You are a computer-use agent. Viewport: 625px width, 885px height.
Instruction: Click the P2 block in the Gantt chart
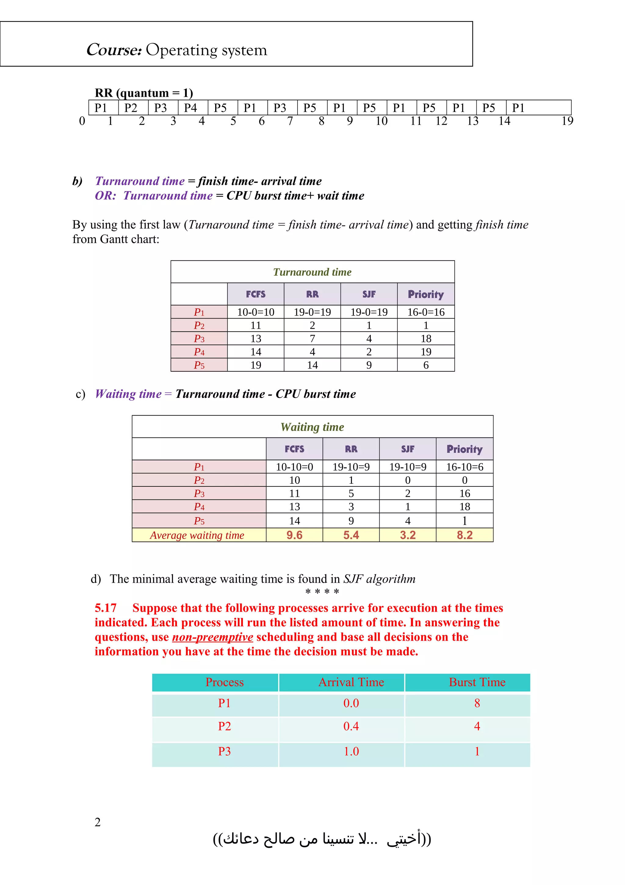click(x=131, y=108)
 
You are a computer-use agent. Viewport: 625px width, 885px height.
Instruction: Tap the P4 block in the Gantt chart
click(x=191, y=108)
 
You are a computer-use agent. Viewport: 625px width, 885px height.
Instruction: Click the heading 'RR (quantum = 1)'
click(x=144, y=93)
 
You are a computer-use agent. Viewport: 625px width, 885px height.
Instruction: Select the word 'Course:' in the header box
click(x=114, y=50)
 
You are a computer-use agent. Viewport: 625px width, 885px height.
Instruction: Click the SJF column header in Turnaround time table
click(x=369, y=294)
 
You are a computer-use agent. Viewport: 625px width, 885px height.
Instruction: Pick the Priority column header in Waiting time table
click(x=464, y=449)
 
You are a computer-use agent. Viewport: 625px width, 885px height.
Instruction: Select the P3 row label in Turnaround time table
click(x=199, y=338)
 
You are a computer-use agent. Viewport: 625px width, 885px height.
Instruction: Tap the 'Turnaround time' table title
click(x=312, y=272)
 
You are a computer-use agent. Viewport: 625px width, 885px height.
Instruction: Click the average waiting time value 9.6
click(x=294, y=535)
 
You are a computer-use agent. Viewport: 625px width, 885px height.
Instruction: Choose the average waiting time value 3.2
click(x=407, y=535)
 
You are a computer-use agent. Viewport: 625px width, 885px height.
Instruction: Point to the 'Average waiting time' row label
click(x=197, y=535)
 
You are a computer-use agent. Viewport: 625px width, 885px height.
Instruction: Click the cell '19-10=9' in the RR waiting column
click(x=351, y=467)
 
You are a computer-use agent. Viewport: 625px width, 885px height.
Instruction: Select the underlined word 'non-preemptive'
click(x=213, y=637)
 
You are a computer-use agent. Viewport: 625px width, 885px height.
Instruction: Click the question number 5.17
click(x=106, y=608)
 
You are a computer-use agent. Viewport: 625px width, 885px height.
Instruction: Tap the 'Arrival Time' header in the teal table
click(x=351, y=682)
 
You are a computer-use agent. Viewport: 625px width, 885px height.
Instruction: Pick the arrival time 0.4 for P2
click(x=351, y=726)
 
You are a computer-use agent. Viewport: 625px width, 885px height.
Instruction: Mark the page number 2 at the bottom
click(x=98, y=822)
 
